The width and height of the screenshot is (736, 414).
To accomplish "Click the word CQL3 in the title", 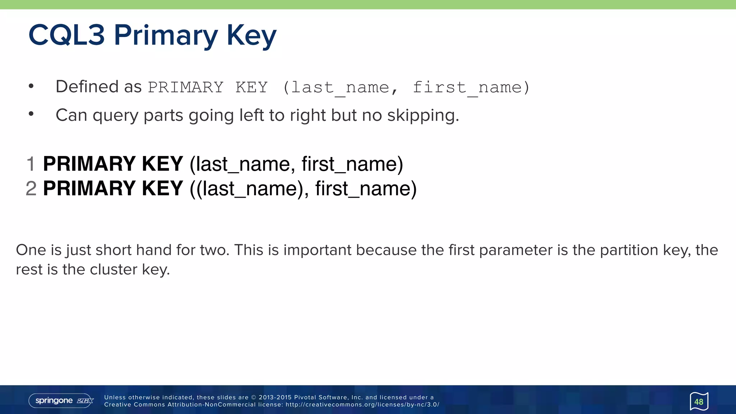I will tap(66, 35).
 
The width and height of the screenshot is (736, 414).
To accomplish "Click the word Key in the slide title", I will tap(251, 36).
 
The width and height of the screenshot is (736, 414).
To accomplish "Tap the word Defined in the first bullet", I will tap(87, 87).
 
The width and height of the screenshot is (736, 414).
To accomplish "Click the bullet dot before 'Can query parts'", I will tap(31, 114).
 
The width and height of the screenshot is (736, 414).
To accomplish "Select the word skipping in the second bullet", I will tap(423, 116).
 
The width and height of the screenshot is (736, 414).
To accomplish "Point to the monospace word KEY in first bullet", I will tap(252, 87).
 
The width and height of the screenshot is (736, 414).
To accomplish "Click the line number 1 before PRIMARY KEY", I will tap(31, 164).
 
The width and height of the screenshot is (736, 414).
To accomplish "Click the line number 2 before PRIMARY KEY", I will tap(31, 188).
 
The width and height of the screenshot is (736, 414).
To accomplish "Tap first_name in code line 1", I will tap(352, 164).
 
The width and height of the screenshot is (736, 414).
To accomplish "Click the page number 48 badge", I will tap(699, 401).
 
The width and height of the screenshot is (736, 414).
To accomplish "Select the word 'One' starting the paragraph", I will tap(31, 250).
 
